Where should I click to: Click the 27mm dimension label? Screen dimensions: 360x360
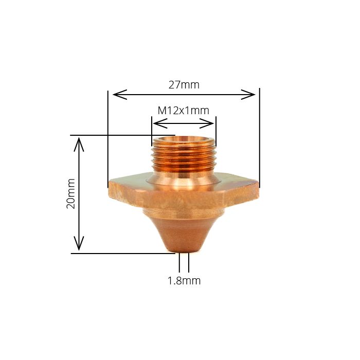point(184,85)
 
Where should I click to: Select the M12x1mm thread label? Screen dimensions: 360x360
point(183,111)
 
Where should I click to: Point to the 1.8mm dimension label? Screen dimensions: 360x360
point(184,281)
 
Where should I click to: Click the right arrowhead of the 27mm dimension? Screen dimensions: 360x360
point(251,94)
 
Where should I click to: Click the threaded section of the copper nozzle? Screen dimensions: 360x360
point(183,156)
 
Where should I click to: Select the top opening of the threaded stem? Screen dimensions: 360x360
point(183,139)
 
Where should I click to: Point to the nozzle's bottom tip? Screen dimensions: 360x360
point(184,250)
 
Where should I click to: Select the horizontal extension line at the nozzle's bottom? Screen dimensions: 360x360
point(123,253)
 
